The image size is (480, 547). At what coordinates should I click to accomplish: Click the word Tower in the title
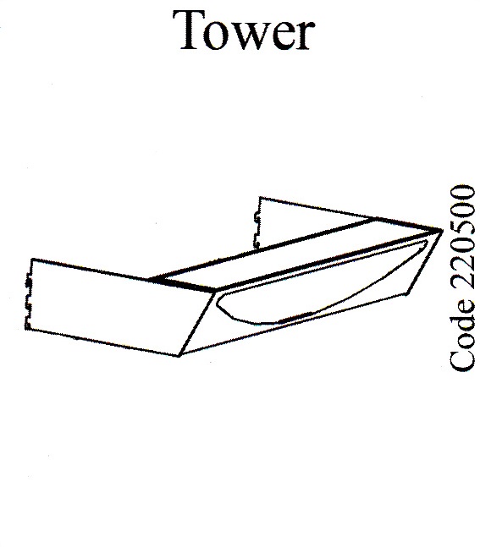[x=244, y=30]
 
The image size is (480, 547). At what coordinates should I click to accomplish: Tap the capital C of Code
[x=462, y=358]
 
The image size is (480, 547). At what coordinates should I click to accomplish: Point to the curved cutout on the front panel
[x=314, y=286]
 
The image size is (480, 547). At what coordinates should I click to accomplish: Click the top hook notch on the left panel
[x=28, y=279]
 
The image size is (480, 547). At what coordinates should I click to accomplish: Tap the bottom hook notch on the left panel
[x=28, y=324]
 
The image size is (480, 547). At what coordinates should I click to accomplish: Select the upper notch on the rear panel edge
[x=257, y=217]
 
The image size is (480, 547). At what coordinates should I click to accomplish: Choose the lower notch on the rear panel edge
[x=257, y=241]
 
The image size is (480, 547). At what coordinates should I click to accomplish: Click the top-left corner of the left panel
[x=32, y=259]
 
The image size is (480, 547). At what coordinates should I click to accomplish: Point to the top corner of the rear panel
[x=260, y=197]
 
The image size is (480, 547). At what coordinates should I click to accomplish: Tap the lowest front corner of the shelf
[x=179, y=356]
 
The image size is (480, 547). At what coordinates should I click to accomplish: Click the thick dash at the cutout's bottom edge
[x=294, y=317]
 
